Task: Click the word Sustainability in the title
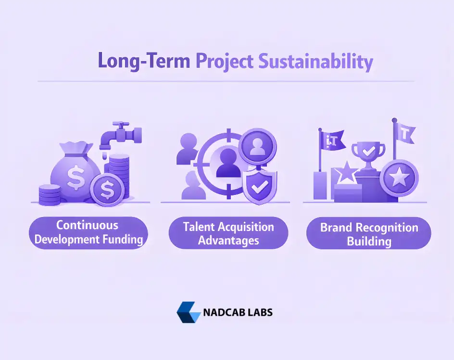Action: [315, 62]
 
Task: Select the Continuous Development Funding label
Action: [89, 232]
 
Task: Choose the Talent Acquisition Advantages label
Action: [228, 233]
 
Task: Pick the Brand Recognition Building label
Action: [369, 234]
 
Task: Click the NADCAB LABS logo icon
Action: [188, 312]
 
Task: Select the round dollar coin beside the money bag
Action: [107, 189]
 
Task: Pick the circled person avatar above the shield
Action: [258, 145]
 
